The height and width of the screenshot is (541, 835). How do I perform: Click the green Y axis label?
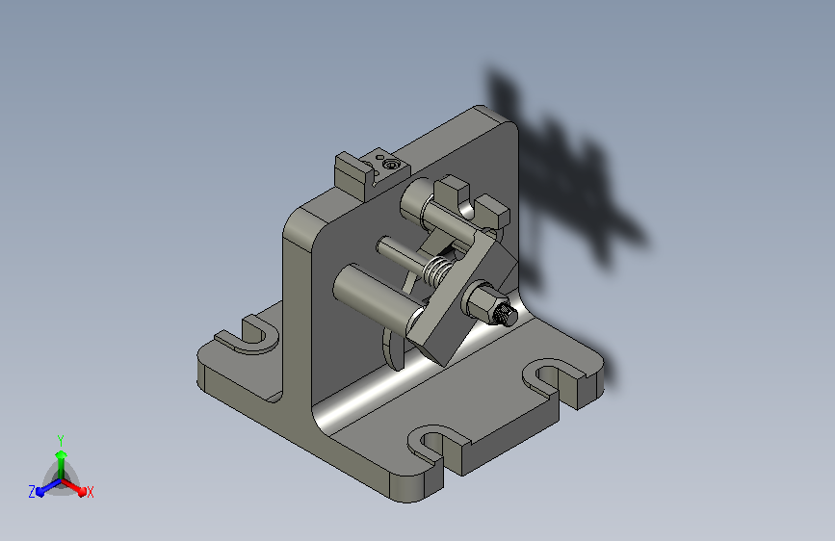(61, 440)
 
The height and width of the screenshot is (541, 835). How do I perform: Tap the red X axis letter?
(90, 492)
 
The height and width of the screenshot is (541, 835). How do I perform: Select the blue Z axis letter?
(32, 492)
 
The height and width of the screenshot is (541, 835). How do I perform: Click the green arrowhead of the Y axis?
(62, 454)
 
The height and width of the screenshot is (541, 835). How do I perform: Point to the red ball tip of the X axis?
(82, 491)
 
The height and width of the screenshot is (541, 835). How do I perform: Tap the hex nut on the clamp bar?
(482, 301)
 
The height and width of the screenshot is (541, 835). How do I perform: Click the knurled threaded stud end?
(506, 315)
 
